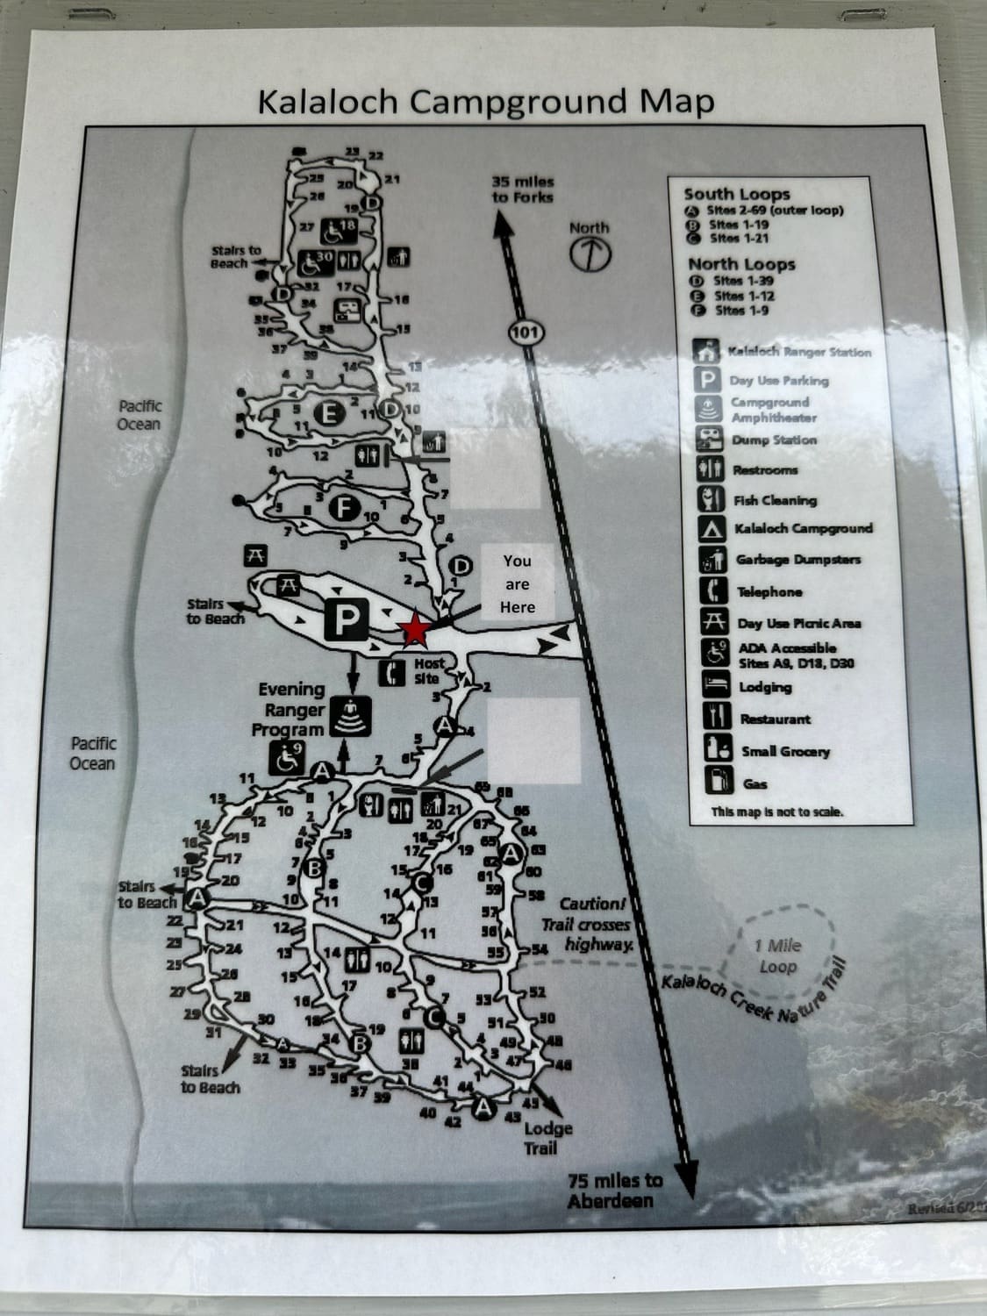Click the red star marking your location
(x=413, y=629)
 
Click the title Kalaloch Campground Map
(x=485, y=102)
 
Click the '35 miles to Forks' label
(x=523, y=190)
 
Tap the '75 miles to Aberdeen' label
(x=615, y=1190)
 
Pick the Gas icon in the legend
(x=718, y=780)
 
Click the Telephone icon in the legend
(x=713, y=590)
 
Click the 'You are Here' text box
(x=518, y=583)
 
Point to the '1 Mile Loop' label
(x=778, y=955)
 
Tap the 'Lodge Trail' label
(x=548, y=1137)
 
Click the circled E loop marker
(x=328, y=413)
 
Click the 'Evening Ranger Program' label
(x=289, y=710)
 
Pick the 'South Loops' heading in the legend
(x=737, y=194)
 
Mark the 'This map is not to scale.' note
(x=777, y=812)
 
